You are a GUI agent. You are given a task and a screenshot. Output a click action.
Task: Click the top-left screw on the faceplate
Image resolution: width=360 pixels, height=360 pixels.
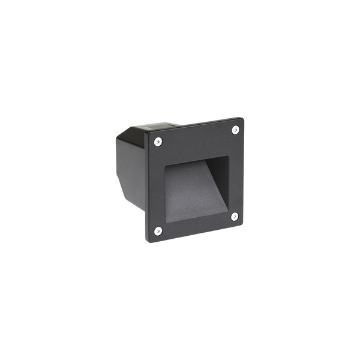click(x=157, y=142)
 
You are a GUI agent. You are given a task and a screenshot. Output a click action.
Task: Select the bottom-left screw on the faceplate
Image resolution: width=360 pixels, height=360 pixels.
click(x=158, y=230)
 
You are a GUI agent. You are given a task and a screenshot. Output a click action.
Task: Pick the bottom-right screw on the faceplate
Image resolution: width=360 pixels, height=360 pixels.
click(x=235, y=216)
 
